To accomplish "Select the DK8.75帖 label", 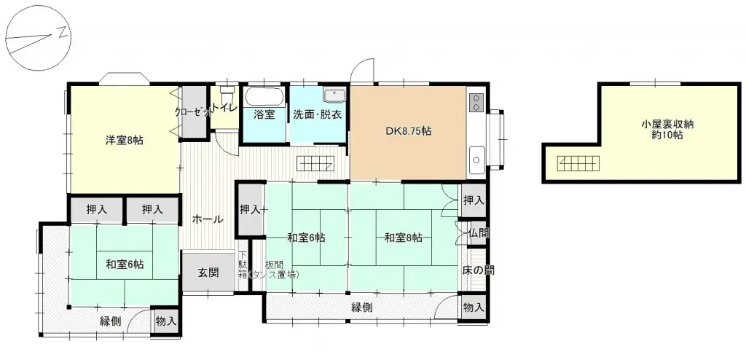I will pyautogui.click(x=408, y=132).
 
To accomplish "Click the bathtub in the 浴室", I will pyautogui.click(x=264, y=98).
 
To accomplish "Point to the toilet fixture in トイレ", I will pyautogui.click(x=227, y=94).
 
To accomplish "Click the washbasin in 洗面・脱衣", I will pyautogui.click(x=334, y=95).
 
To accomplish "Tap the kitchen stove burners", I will pyautogui.click(x=477, y=101).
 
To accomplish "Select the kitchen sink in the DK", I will pyautogui.click(x=477, y=157).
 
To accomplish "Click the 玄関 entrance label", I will pyautogui.click(x=208, y=273).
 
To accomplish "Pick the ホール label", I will pyautogui.click(x=207, y=219).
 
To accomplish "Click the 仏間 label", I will pyautogui.click(x=479, y=233).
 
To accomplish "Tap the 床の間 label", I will pyautogui.click(x=478, y=270).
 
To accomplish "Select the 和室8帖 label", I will pyautogui.click(x=404, y=238).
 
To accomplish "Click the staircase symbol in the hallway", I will pyautogui.click(x=317, y=163).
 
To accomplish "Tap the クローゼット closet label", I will pyautogui.click(x=194, y=112).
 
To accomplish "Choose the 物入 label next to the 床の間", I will pyautogui.click(x=474, y=308).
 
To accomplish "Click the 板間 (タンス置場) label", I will pyautogui.click(x=274, y=270).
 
